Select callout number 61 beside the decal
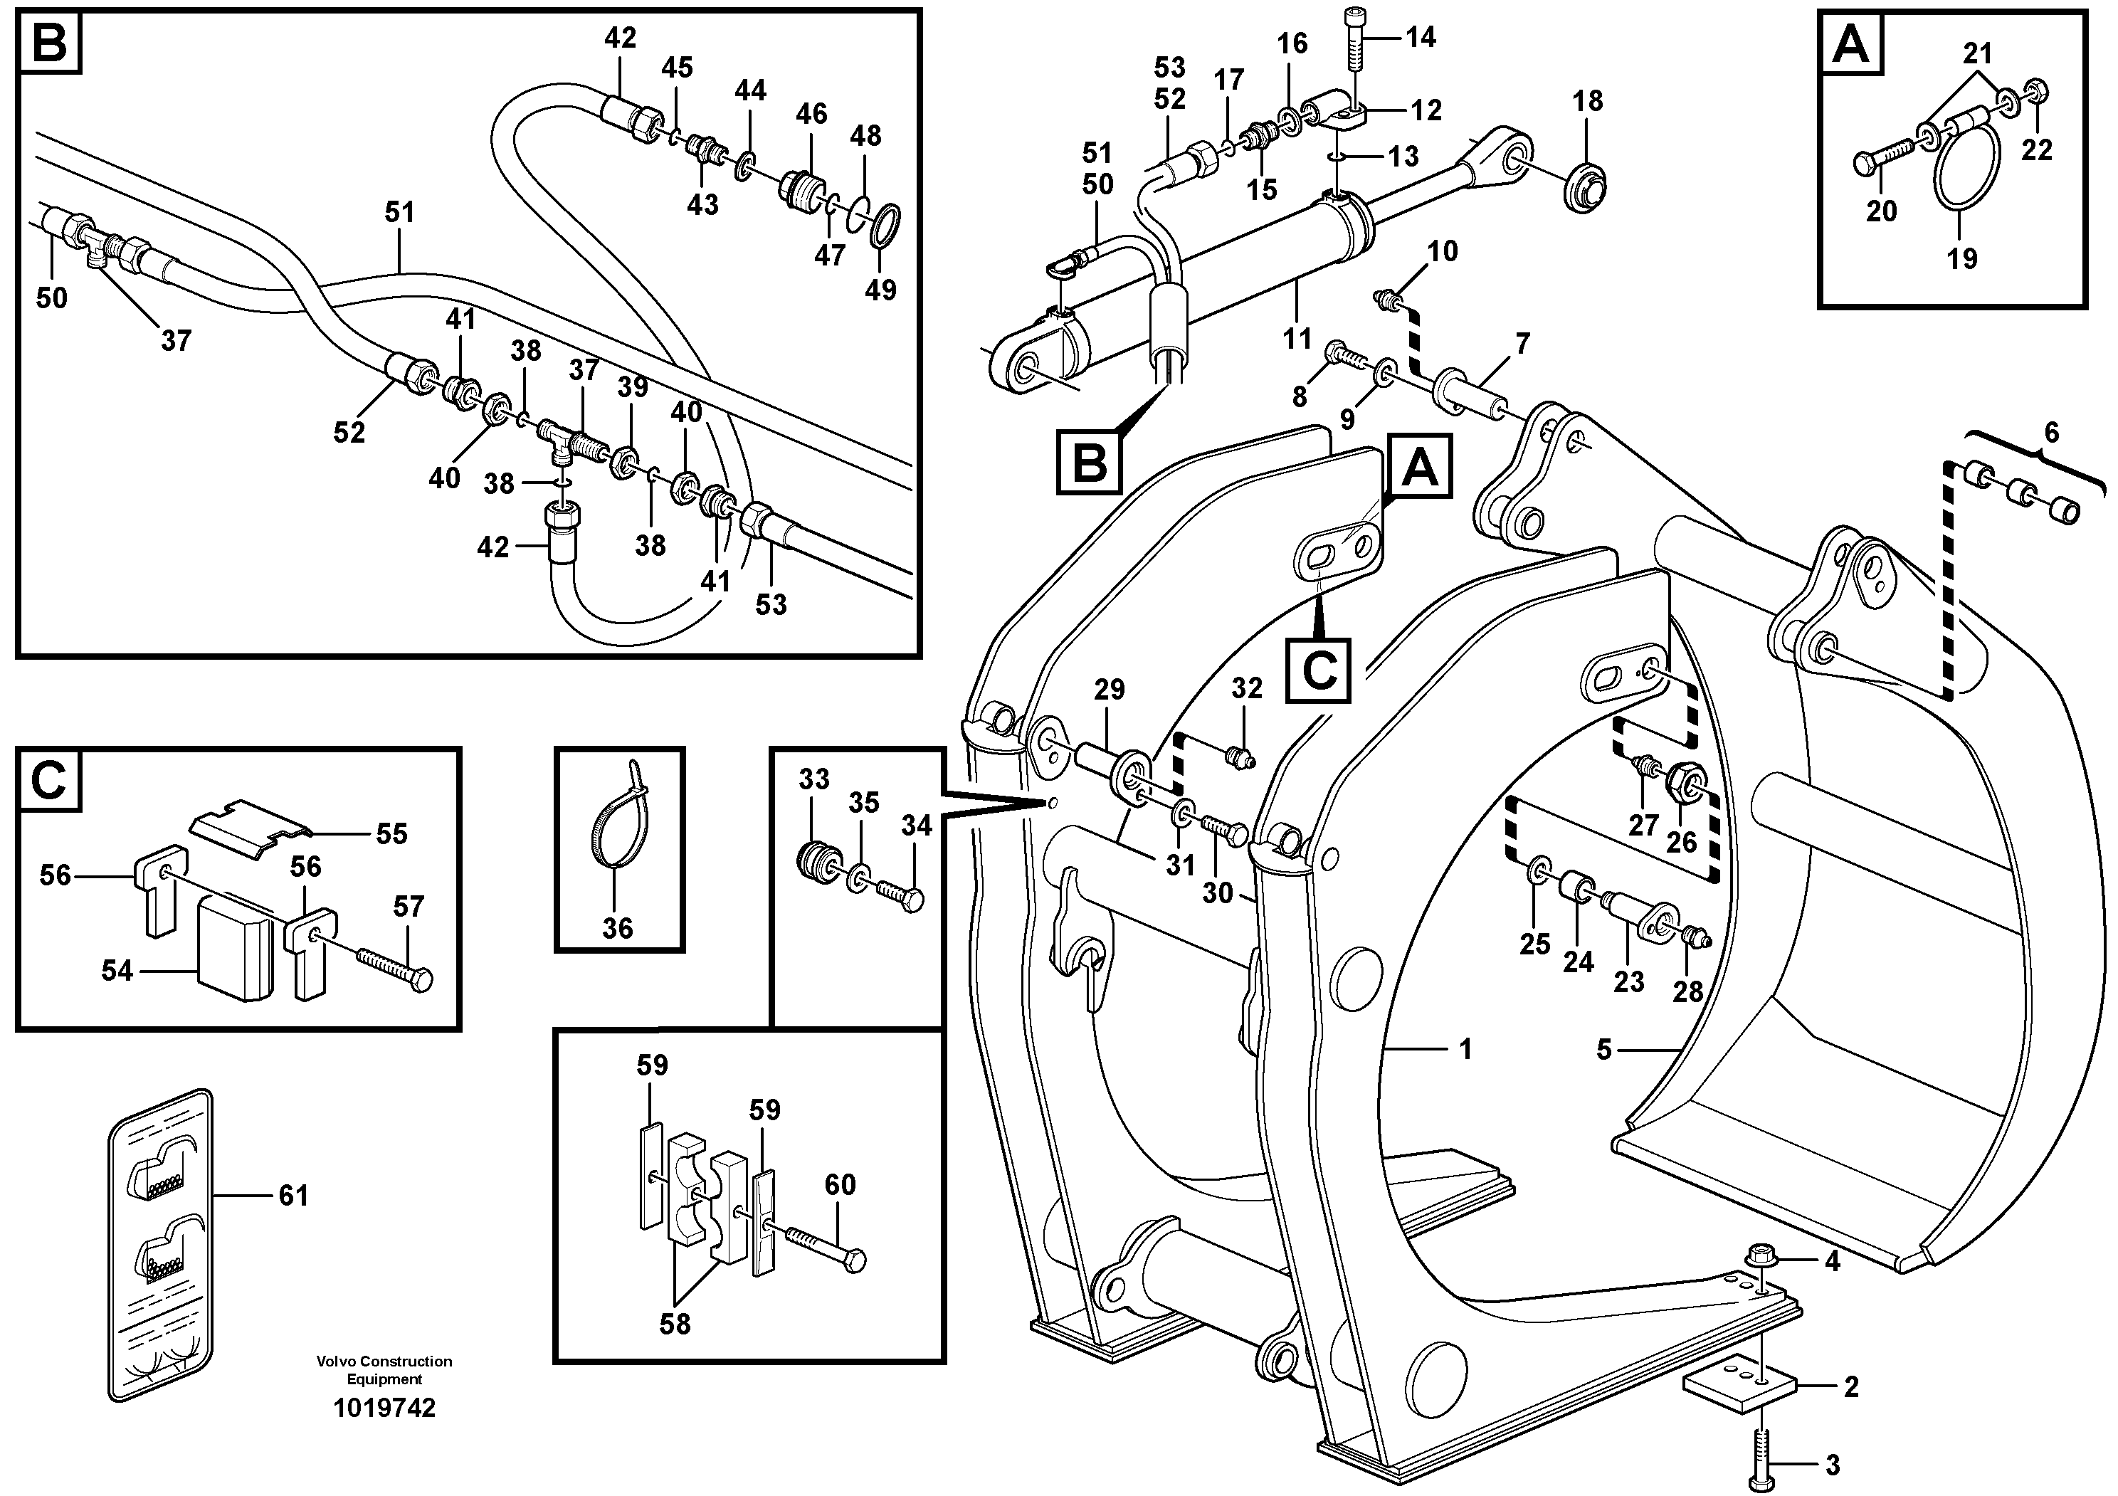[x=293, y=1196]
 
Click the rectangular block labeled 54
[x=236, y=947]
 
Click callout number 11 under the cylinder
[x=1296, y=339]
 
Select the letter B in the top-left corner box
[x=50, y=43]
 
